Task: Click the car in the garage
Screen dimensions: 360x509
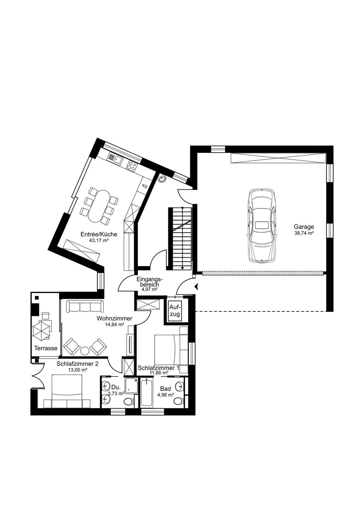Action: click(x=262, y=226)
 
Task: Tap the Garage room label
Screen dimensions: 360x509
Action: click(x=304, y=227)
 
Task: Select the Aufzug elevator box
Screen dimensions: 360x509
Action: click(x=175, y=311)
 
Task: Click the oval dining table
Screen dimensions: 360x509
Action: click(x=98, y=206)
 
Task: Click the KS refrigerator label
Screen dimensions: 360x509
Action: click(x=145, y=186)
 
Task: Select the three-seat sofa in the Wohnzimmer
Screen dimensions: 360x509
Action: click(x=85, y=306)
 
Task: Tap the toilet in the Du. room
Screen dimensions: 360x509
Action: click(x=129, y=401)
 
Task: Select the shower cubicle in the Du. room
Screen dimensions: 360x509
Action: click(x=131, y=385)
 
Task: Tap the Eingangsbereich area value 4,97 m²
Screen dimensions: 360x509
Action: click(x=150, y=289)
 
